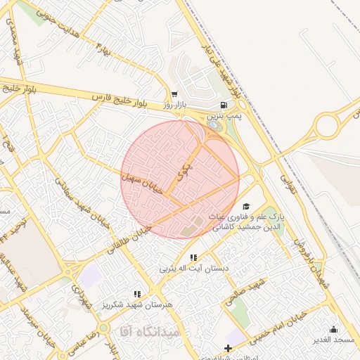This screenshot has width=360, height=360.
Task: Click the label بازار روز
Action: [x=178, y=105]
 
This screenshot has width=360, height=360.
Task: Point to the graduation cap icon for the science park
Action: [x=245, y=205]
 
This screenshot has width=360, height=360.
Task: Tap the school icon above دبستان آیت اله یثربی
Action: [x=193, y=258]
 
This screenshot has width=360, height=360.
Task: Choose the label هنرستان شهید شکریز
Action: [x=138, y=305]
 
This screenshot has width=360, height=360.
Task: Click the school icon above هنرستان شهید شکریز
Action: [x=138, y=295]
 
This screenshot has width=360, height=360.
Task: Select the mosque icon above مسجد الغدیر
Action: [x=333, y=329]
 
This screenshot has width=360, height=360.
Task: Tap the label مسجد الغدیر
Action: [x=335, y=340]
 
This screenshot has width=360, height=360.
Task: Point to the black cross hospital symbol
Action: [x=228, y=349]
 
